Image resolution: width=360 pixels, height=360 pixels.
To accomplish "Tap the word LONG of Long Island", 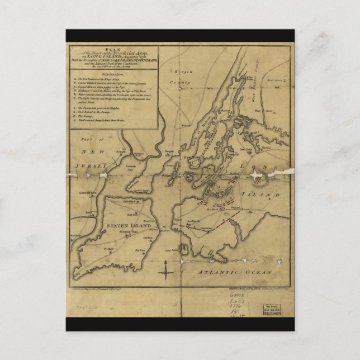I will click(x=262, y=168).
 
